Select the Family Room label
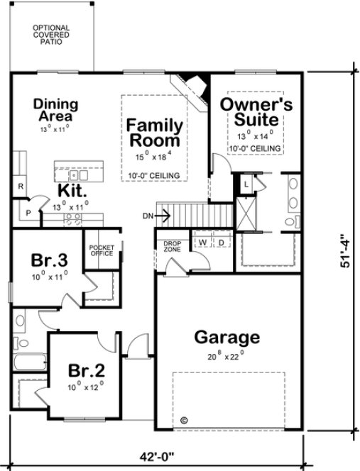click(155, 133)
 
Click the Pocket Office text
click(101, 250)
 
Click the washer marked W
click(202, 243)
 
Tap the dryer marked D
click(221, 243)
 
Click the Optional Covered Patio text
click(49, 34)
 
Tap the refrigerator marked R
click(21, 186)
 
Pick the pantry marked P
click(28, 211)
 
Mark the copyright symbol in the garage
click(184, 420)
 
